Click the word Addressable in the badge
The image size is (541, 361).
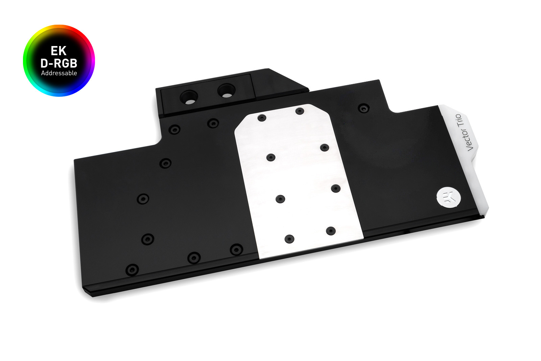click(59, 73)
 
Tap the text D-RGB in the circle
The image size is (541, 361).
click(59, 63)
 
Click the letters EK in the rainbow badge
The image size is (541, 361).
click(58, 51)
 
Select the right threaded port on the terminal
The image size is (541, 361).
click(226, 90)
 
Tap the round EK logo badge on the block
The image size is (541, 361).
click(449, 197)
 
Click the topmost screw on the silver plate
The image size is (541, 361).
click(300, 111)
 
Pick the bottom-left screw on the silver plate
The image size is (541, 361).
click(289, 239)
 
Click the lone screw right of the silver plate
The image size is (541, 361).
click(363, 109)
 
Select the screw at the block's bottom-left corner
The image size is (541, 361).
click(132, 270)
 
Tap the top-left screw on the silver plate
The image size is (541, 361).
click(262, 118)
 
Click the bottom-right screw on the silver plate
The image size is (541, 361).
click(331, 231)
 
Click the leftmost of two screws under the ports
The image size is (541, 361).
click(174, 129)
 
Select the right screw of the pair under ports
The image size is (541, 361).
click(213, 123)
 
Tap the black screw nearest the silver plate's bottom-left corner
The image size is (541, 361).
click(236, 250)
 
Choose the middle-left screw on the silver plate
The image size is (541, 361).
click(271, 157)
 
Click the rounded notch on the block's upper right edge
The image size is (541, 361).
click(392, 108)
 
